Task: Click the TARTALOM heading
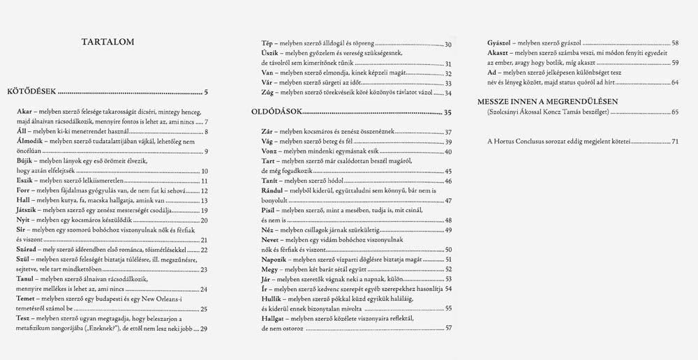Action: [112, 42]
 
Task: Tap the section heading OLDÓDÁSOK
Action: [277, 112]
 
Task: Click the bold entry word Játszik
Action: [29, 209]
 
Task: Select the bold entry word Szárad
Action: [29, 249]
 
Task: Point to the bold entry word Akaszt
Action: [498, 53]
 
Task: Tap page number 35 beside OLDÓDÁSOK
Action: [447, 112]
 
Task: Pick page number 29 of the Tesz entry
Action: [203, 329]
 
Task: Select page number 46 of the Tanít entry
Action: [447, 181]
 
